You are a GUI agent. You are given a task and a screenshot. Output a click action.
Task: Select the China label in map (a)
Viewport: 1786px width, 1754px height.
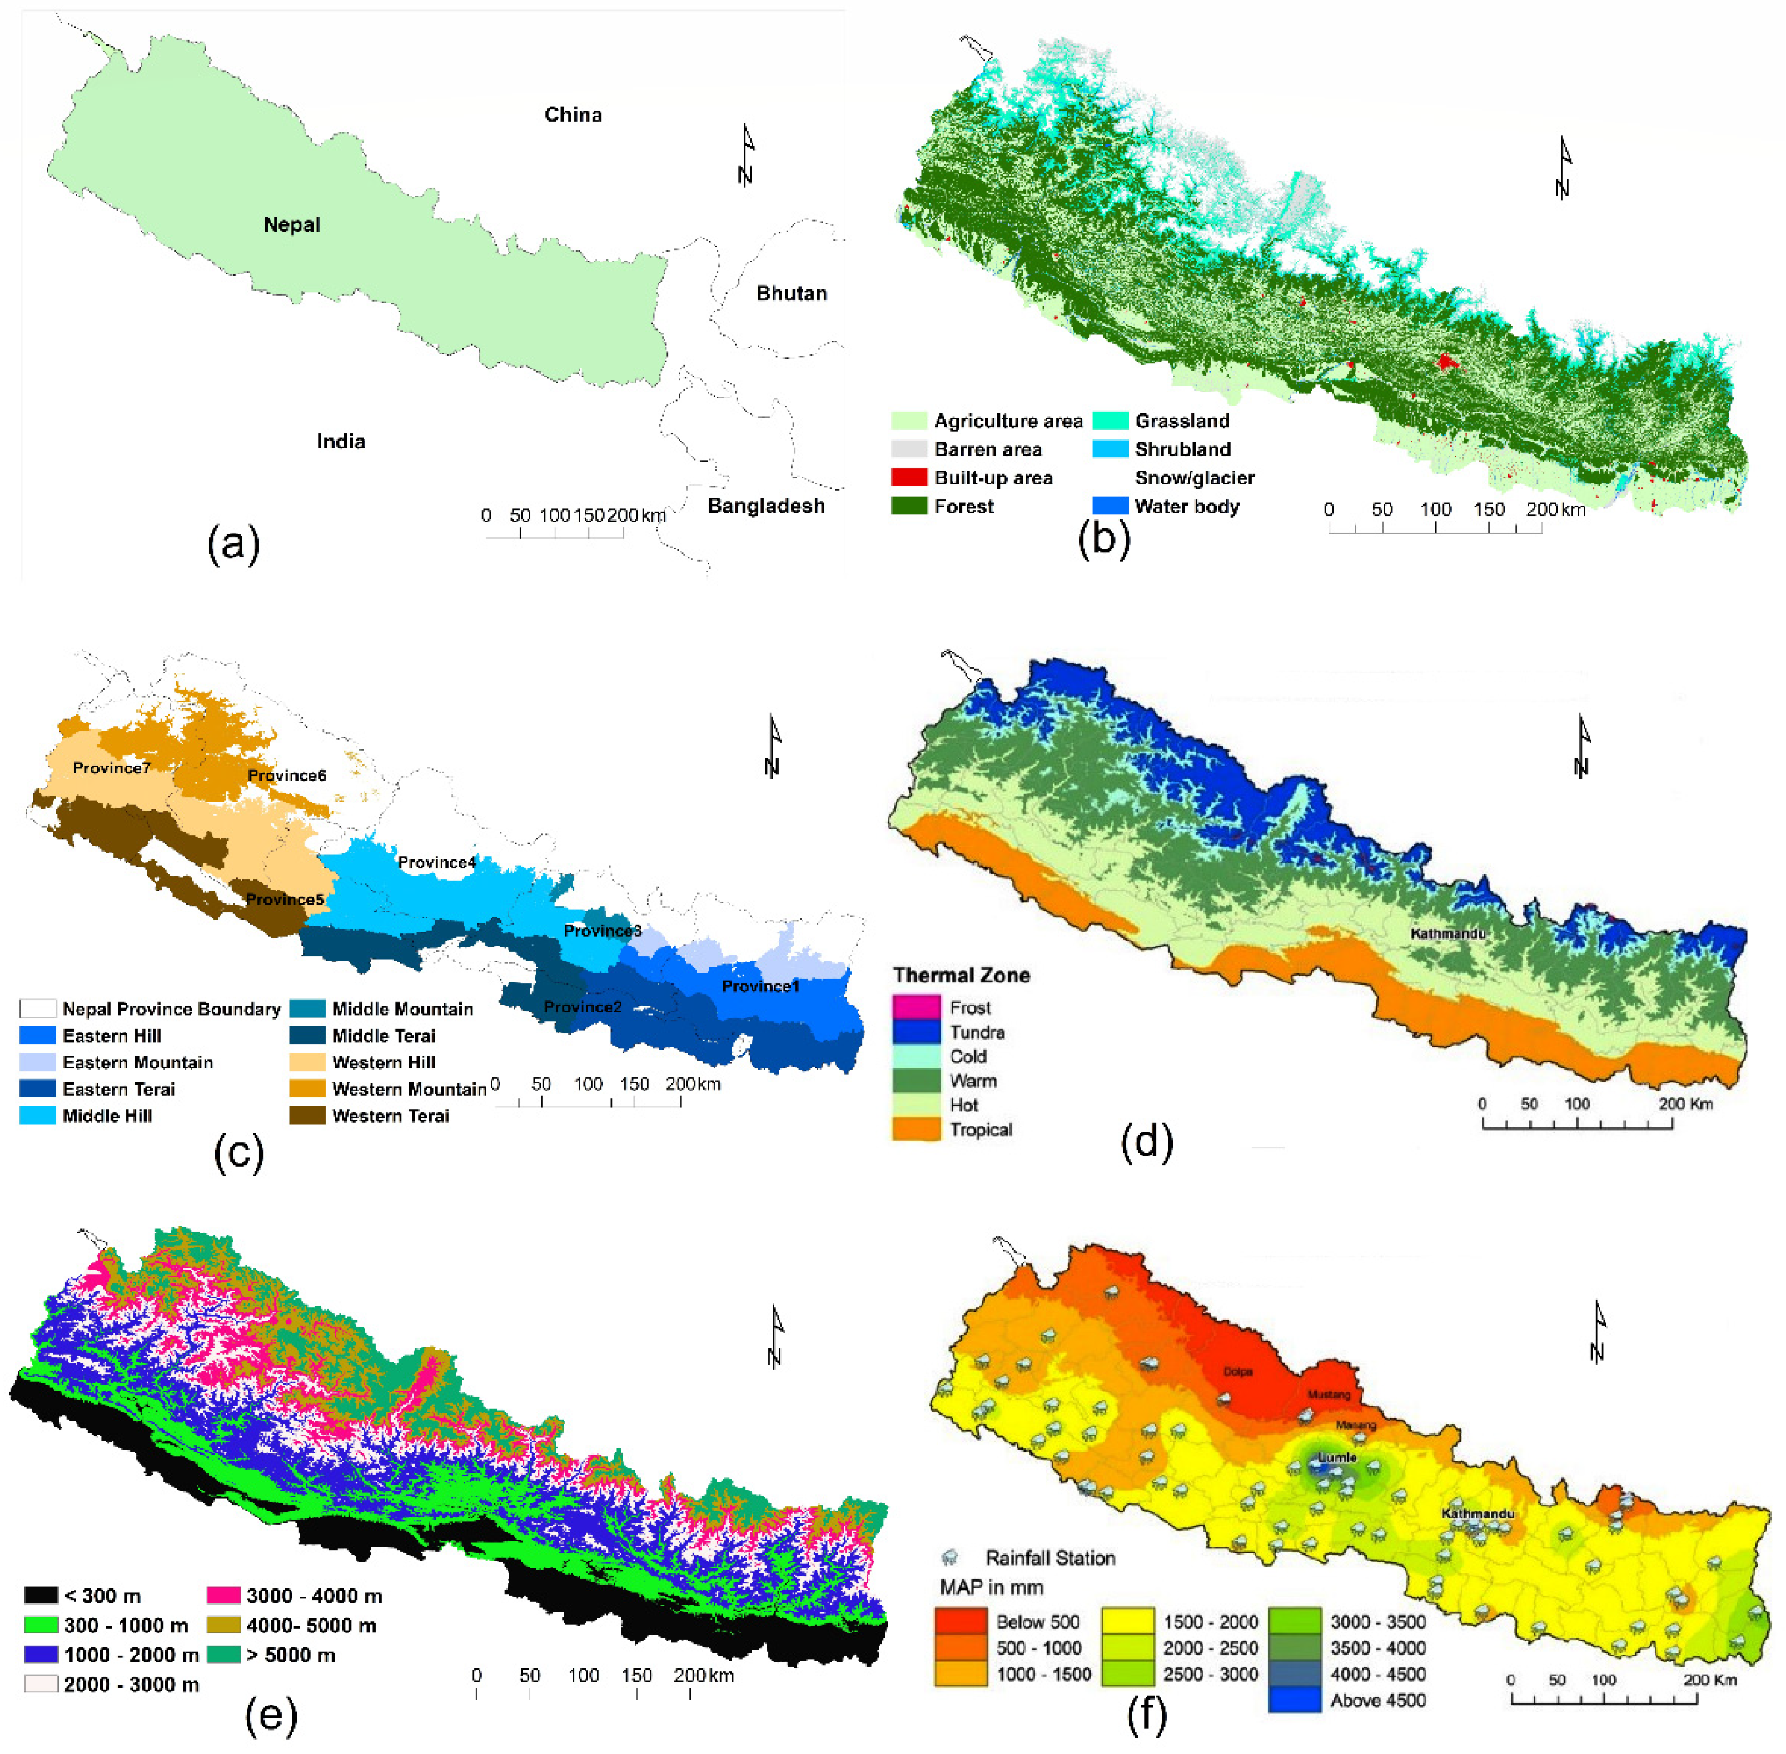[x=573, y=114]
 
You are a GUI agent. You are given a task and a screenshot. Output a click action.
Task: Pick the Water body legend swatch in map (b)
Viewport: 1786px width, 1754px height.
[x=1110, y=506]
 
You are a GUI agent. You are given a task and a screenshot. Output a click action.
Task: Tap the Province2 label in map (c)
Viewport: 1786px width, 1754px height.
[x=583, y=1006]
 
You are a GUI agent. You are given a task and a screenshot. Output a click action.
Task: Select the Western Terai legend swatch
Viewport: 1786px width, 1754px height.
[x=307, y=1116]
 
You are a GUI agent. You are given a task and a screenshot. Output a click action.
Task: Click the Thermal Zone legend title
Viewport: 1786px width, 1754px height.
[x=961, y=975]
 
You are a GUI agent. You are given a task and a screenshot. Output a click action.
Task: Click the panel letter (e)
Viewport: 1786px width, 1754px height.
[x=270, y=1715]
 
